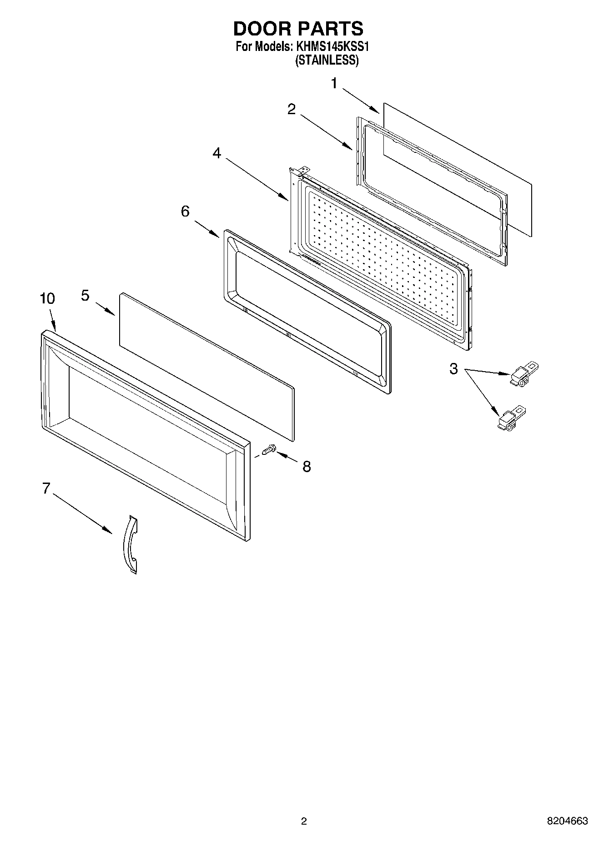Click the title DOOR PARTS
tap(298, 29)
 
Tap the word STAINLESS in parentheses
tap(327, 60)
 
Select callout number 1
tap(334, 84)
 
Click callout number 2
tap(291, 109)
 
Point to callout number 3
tap(453, 368)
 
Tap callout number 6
tap(185, 212)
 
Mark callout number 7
tap(45, 488)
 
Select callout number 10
tap(47, 299)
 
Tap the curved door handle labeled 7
tap(131, 544)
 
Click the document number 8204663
tap(567, 821)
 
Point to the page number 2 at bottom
tap(304, 821)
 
